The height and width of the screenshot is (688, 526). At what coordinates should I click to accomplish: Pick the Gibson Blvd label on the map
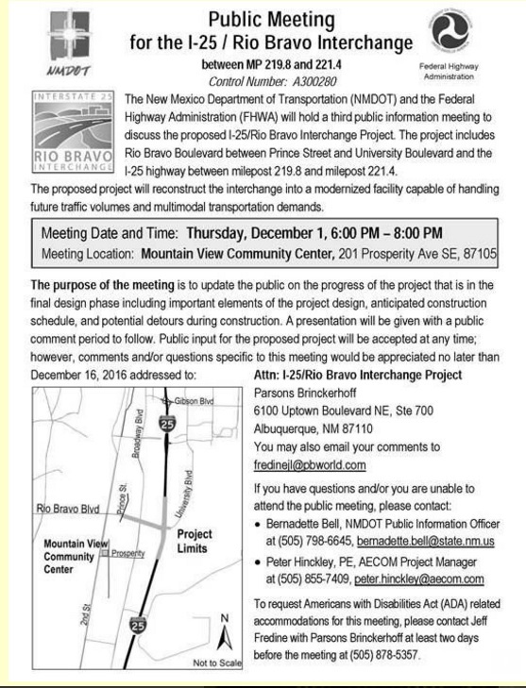point(195,401)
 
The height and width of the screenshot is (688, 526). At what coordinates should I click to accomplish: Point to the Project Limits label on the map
point(194,542)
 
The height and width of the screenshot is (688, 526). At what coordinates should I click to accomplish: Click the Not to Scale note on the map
point(218,663)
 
